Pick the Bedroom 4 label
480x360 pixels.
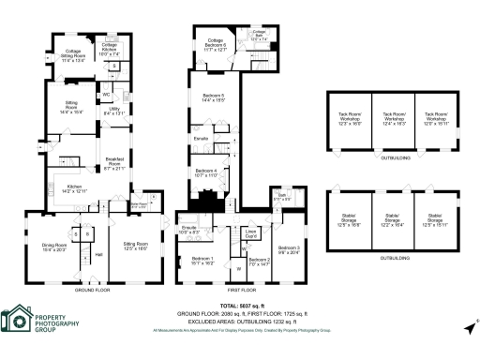pos(206,172)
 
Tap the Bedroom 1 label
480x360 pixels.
pos(202,261)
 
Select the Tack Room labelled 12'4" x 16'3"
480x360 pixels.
pos(393,120)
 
